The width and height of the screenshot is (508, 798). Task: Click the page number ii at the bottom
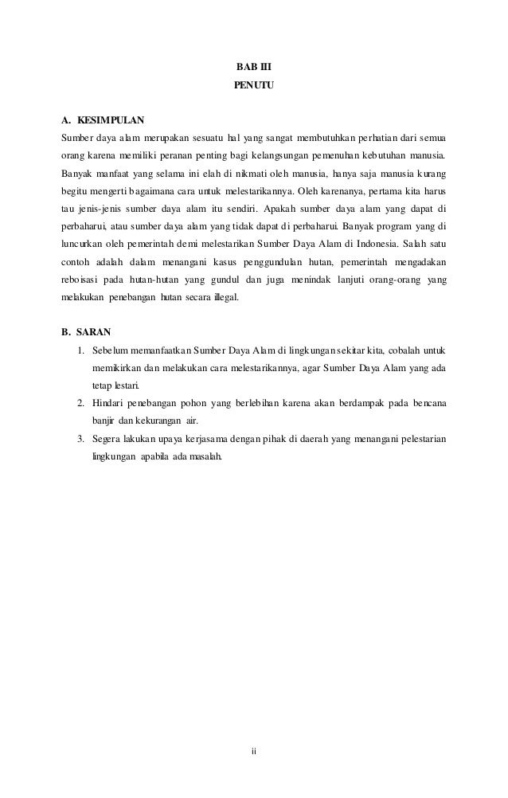pyautogui.click(x=254, y=750)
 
